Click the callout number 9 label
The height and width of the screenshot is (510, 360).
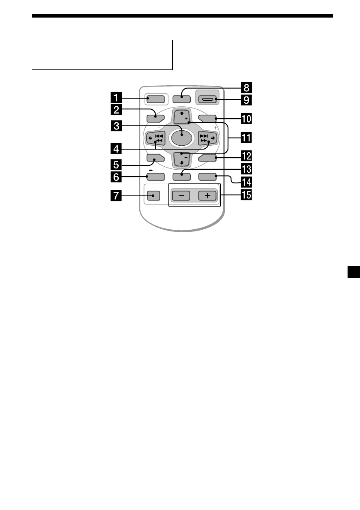coord(246,100)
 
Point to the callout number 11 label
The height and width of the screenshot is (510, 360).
coord(246,138)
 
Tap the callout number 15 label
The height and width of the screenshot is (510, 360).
coord(246,196)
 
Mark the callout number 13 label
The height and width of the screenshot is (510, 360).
coord(246,168)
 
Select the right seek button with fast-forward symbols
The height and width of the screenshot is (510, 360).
coord(207,138)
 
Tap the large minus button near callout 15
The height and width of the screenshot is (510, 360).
coord(181,195)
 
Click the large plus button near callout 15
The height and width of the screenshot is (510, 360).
coord(207,195)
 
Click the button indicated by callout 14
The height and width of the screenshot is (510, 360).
coord(207,176)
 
